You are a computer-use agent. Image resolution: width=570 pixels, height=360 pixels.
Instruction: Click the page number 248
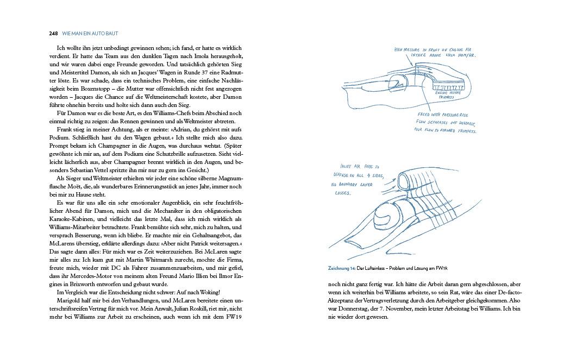53,34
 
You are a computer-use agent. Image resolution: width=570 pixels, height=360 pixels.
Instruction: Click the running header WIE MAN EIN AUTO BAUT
90,34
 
